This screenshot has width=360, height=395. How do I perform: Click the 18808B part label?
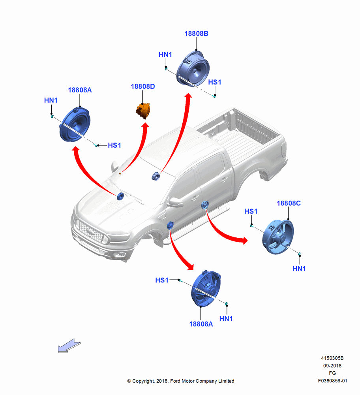coord(196,34)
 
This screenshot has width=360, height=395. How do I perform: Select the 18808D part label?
coord(143,87)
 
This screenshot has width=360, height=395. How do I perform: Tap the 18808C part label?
coord(289,203)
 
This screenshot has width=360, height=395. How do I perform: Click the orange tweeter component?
coord(143,111)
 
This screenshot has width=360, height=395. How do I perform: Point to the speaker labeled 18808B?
coord(193,69)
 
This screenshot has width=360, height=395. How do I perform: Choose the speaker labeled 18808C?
coord(278,237)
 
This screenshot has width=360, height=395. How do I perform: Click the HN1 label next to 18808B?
coord(165,55)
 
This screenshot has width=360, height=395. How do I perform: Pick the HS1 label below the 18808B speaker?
coord(214,82)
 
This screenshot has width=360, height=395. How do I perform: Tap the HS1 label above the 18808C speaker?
coord(251,211)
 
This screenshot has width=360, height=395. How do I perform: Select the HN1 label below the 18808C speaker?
coord(299,269)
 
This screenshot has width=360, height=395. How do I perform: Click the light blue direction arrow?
coord(69,346)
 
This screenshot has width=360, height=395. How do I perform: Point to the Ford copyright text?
coord(181,381)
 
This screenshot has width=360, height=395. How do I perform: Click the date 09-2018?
coord(332,365)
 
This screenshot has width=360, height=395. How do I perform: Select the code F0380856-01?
coord(332,381)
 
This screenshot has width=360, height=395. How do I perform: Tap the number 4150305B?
coord(332,358)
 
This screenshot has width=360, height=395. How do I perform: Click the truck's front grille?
coord(91,231)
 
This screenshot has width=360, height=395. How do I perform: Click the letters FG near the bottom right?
coord(332,373)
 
